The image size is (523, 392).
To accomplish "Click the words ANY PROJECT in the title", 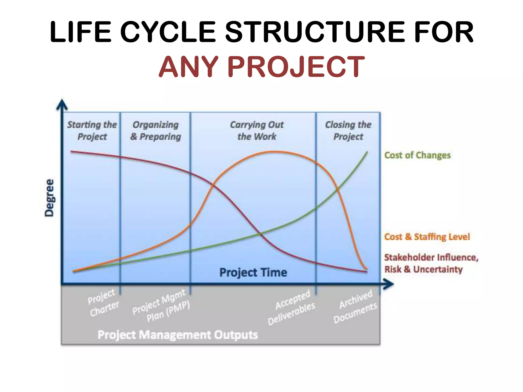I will coord(261,67).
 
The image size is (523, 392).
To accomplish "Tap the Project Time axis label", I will coord(253,272).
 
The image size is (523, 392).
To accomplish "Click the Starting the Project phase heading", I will coord(92,130).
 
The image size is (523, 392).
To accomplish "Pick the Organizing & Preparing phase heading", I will coord(156,130).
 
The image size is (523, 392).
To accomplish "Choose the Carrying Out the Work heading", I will coord(257,130).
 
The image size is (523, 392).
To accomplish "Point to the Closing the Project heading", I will coord(348,130).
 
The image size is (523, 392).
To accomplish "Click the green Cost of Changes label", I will coord(417,155).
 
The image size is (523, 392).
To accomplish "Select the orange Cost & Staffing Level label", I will coord(427,237).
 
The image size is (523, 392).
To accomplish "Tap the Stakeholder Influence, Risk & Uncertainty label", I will coord(431,263).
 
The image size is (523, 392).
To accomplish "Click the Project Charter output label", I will coord(103,303).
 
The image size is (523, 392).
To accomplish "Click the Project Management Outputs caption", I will coord(178,335).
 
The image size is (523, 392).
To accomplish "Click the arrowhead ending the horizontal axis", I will coord(389,284).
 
